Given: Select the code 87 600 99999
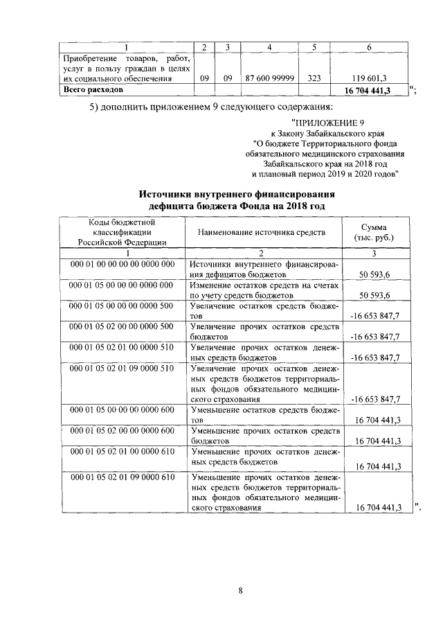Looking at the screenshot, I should coord(269,79).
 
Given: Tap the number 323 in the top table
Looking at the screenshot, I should coord(314,79).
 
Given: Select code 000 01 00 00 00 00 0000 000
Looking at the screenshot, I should coord(121,265).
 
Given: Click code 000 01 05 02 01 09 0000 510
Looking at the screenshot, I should coord(121,367).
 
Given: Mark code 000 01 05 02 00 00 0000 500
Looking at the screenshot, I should coord(121,326).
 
